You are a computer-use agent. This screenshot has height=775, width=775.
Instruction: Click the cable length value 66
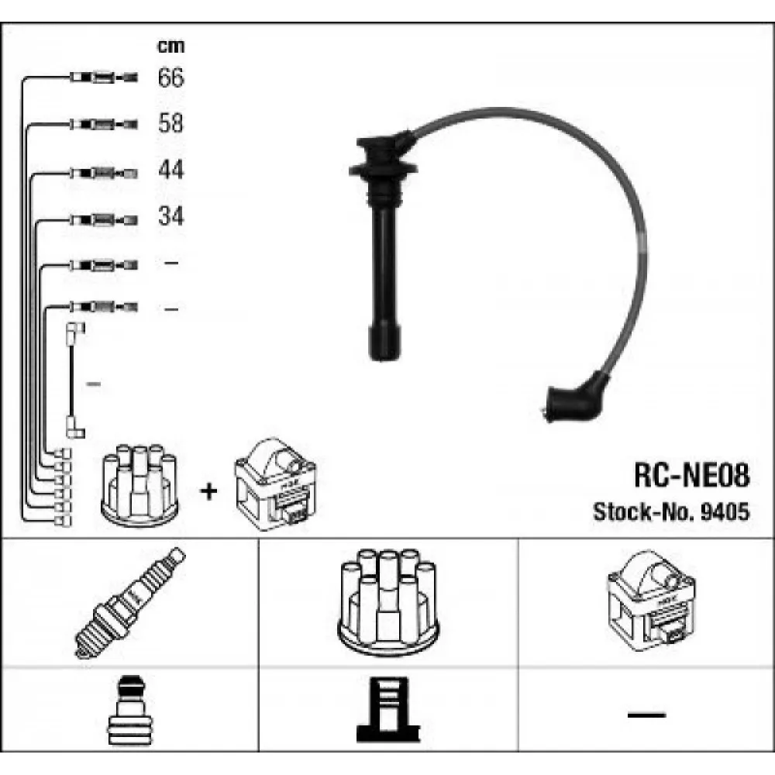[171, 77]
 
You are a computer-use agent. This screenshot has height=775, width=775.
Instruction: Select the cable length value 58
[171, 122]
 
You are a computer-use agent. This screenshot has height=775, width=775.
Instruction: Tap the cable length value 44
[171, 169]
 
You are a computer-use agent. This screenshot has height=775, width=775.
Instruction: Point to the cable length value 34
[171, 216]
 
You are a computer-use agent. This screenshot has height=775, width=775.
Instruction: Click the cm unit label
[171, 46]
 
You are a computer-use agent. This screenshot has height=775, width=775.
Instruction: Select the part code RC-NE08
[692, 476]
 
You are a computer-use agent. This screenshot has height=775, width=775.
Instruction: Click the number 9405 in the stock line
[725, 511]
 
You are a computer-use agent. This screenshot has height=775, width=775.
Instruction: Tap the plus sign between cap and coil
[208, 491]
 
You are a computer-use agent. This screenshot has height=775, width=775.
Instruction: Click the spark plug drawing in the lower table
[130, 603]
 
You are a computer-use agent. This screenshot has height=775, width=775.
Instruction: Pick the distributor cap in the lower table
[388, 602]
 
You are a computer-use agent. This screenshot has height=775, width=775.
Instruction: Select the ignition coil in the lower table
[652, 601]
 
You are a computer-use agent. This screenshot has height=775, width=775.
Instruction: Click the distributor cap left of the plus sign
[139, 485]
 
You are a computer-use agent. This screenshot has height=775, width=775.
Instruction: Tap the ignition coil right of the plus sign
[275, 484]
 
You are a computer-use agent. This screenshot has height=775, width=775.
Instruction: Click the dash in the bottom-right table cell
[646, 715]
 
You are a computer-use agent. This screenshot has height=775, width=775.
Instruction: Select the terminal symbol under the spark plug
[130, 710]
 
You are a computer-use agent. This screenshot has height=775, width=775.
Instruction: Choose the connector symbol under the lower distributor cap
[388, 710]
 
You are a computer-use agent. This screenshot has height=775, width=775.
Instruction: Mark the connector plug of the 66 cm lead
[104, 77]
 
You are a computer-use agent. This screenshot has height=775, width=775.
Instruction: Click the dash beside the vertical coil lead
[94, 384]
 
